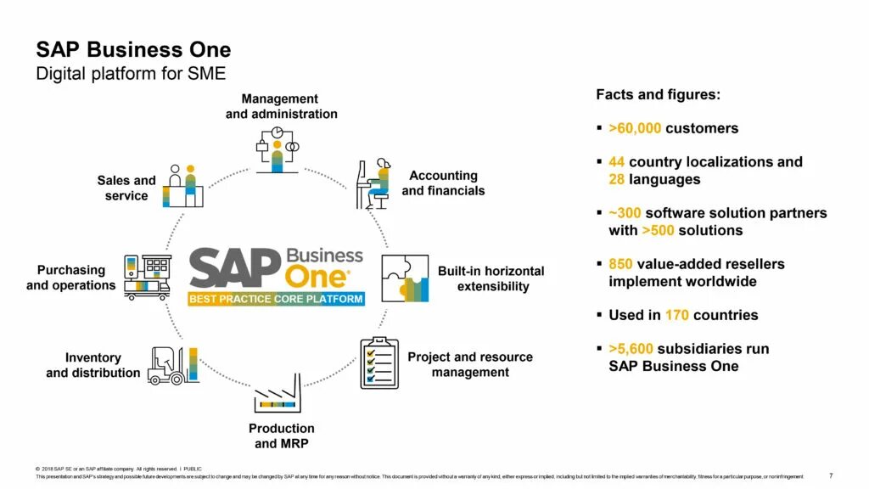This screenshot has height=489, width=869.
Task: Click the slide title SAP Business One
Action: [132, 49]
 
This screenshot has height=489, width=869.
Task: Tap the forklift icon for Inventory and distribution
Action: [172, 365]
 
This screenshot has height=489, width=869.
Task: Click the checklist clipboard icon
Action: [379, 363]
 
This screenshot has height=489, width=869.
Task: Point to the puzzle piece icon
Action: [405, 278]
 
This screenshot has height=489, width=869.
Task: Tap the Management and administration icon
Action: [277, 149]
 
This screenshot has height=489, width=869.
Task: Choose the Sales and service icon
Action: [183, 186]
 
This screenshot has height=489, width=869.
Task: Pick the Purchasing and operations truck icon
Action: [147, 277]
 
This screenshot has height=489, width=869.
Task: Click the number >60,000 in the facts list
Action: [635, 128]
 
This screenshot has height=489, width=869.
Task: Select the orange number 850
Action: [620, 264]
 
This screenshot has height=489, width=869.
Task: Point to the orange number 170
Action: [676, 315]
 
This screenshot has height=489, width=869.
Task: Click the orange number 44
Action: [617, 162]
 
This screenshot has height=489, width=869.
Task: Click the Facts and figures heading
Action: [658, 95]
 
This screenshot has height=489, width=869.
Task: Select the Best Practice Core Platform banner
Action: [276, 299]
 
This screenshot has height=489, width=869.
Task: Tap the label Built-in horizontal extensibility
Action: [491, 278]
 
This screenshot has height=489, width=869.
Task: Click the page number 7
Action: [830, 475]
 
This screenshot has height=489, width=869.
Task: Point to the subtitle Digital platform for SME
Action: [131, 74]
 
